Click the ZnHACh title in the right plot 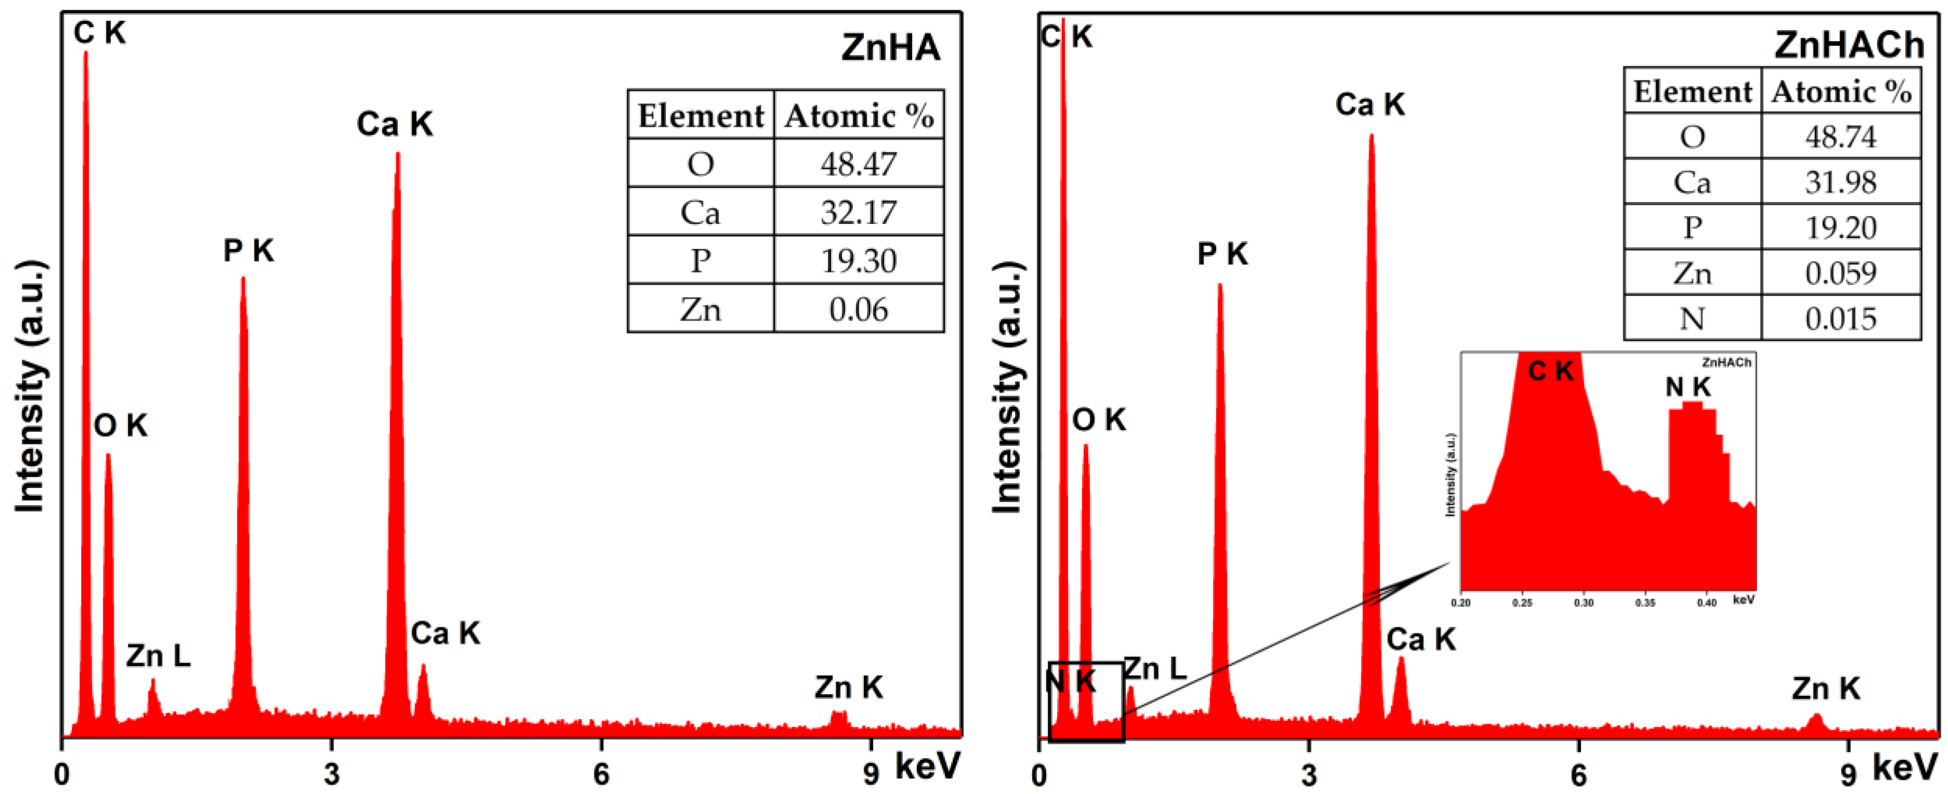[x=1848, y=45]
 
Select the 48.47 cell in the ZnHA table [x=858, y=163]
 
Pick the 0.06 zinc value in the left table [x=858, y=309]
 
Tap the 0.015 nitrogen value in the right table [x=1840, y=319]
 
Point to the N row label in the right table [x=1692, y=319]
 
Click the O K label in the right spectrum [x=1098, y=420]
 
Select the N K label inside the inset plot [x=1688, y=387]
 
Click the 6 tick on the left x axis [x=601, y=774]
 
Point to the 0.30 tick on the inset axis [x=1583, y=603]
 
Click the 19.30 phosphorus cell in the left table [x=858, y=261]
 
